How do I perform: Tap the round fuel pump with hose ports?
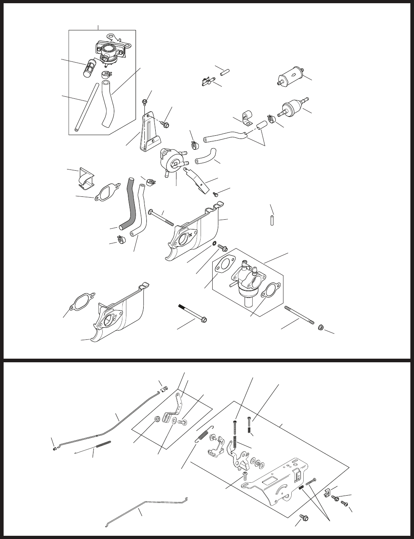pyautogui.click(x=170, y=160)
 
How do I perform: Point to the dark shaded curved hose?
pyautogui.click(x=130, y=205)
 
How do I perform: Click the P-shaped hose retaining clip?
pyautogui.click(x=246, y=117)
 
